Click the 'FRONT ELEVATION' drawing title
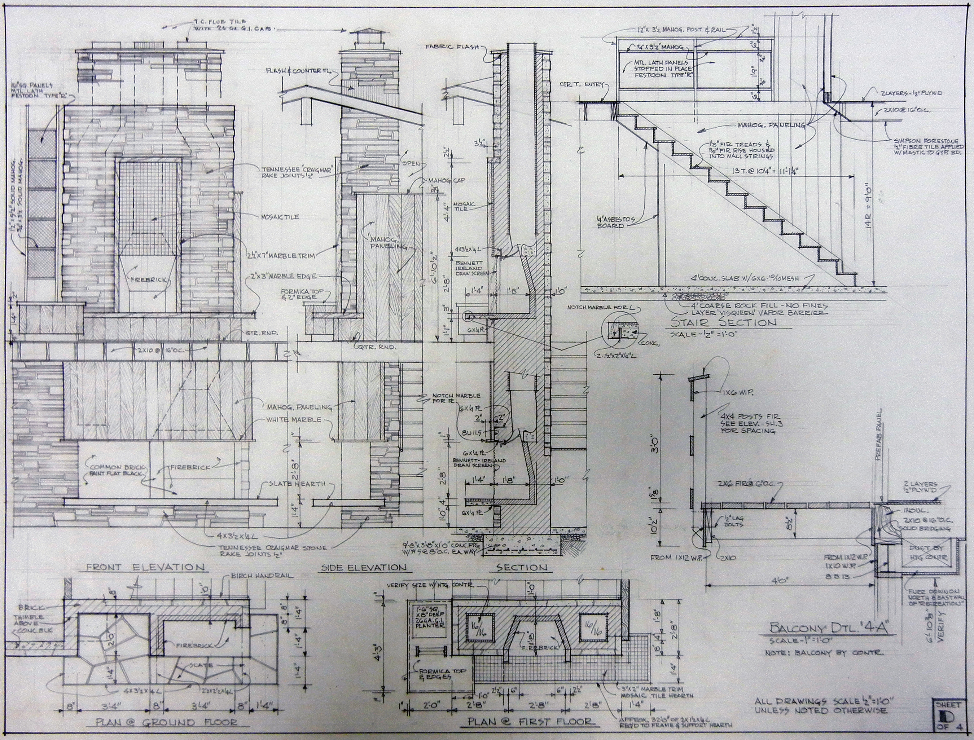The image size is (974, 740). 145,567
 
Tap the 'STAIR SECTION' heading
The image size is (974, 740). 723,322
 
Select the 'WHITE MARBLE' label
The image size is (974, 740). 293,420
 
